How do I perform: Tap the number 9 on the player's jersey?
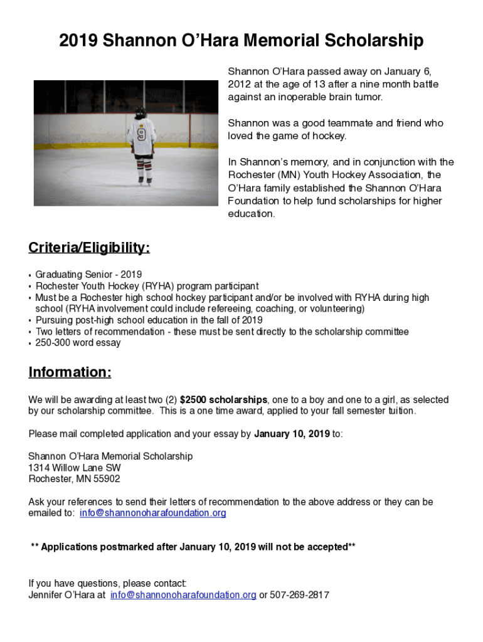pyautogui.click(x=141, y=134)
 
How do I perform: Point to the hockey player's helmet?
pyautogui.click(x=141, y=113)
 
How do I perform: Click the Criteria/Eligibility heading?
pyautogui.click(x=89, y=248)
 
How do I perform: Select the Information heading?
pyautogui.click(x=70, y=372)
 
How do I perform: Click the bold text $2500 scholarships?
pyautogui.click(x=224, y=399)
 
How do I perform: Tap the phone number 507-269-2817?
pyautogui.click(x=299, y=595)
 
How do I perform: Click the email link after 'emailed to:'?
pyautogui.click(x=153, y=513)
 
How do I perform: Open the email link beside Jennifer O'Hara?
pyautogui.click(x=183, y=595)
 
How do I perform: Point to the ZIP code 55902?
pyautogui.click(x=105, y=479)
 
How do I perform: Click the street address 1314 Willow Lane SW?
pyautogui.click(x=75, y=468)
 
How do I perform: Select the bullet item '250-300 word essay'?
pyautogui.click(x=78, y=343)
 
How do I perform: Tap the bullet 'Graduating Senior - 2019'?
pyautogui.click(x=88, y=275)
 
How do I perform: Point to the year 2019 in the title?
pyautogui.click(x=78, y=41)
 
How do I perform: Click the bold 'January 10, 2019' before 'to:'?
pyautogui.click(x=291, y=433)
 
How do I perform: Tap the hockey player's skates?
pyautogui.click(x=146, y=181)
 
